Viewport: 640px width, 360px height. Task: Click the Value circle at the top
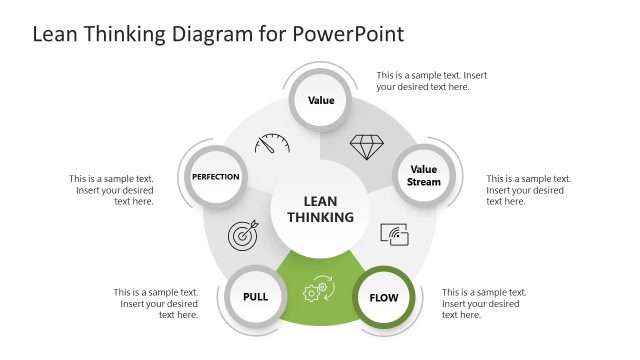pos(321,100)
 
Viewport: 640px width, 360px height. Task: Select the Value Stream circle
pos(424,176)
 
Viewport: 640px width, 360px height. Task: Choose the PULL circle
pos(255,296)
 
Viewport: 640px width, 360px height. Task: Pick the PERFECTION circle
pos(216,177)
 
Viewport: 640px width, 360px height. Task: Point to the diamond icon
pos(365,148)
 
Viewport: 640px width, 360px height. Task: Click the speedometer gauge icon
pos(272,143)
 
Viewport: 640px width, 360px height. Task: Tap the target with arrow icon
pos(244,234)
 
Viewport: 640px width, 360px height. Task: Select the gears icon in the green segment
pos(318,289)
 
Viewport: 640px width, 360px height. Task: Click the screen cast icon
pos(395,234)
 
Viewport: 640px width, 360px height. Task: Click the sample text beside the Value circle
pos(431,81)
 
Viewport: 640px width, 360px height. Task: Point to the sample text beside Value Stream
pos(529,190)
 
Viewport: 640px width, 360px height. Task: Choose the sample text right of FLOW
pos(484,304)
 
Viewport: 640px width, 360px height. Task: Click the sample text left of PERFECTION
pos(111,190)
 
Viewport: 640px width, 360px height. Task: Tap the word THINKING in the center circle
pos(321,217)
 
